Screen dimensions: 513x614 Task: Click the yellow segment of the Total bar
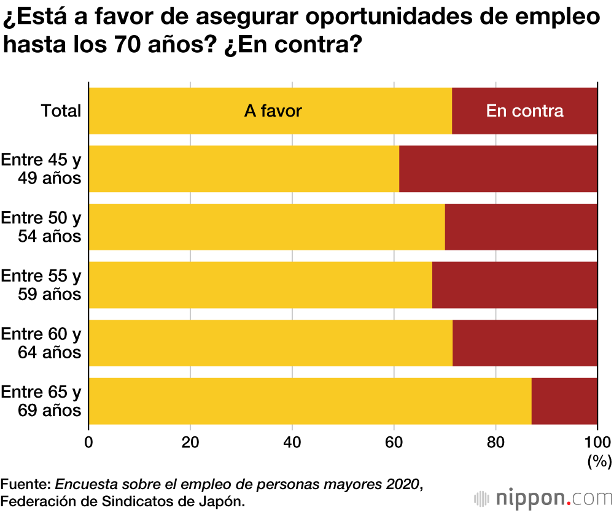pos(184,111)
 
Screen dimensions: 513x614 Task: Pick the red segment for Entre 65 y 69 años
pos(564,401)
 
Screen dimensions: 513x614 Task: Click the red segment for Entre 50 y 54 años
pos(521,227)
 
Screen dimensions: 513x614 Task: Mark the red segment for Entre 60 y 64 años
pos(524,343)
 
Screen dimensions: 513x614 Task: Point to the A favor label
pos(273,111)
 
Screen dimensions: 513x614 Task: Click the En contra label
pos(524,111)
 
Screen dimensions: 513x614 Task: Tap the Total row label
pos(61,111)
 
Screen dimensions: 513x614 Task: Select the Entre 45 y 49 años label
pos(41,169)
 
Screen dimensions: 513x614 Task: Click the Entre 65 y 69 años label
pos(41,401)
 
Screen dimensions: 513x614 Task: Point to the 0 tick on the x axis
pos(89,442)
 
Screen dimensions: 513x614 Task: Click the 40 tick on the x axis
pos(292,442)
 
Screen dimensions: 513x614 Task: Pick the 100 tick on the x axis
pos(596,442)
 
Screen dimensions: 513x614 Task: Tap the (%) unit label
pos(599,460)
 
